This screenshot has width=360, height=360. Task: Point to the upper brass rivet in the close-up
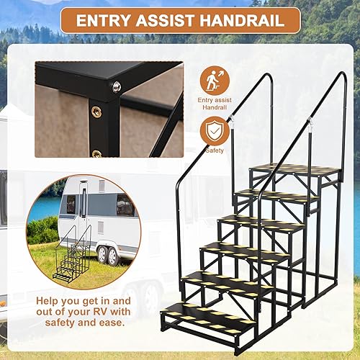tap(96, 111)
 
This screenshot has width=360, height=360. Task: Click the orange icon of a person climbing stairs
tap(214, 78)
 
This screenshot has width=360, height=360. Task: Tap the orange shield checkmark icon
tap(214, 131)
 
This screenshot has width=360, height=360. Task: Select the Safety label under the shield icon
tap(214, 151)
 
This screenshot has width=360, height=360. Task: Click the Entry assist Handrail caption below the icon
tap(214, 102)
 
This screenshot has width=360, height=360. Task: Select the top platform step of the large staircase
tap(295, 171)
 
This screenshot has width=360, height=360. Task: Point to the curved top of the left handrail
tap(245, 78)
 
